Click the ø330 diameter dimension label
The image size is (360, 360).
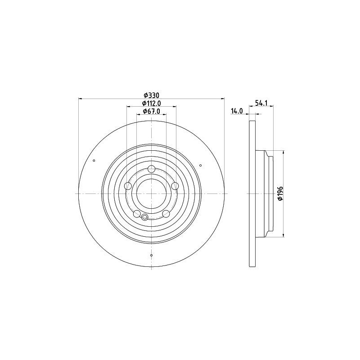(x=151, y=95)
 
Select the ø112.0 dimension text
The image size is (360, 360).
(x=151, y=103)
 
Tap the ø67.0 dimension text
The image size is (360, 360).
(x=151, y=111)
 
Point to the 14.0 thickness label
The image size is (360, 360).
(x=237, y=111)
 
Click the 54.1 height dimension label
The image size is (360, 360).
(x=261, y=103)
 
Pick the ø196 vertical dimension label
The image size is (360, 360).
(x=280, y=193)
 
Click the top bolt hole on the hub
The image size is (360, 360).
(x=151, y=169)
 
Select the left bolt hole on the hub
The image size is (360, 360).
(x=128, y=186)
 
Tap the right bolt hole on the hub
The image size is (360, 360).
(x=175, y=186)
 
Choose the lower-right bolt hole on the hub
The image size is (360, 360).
(x=166, y=213)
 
